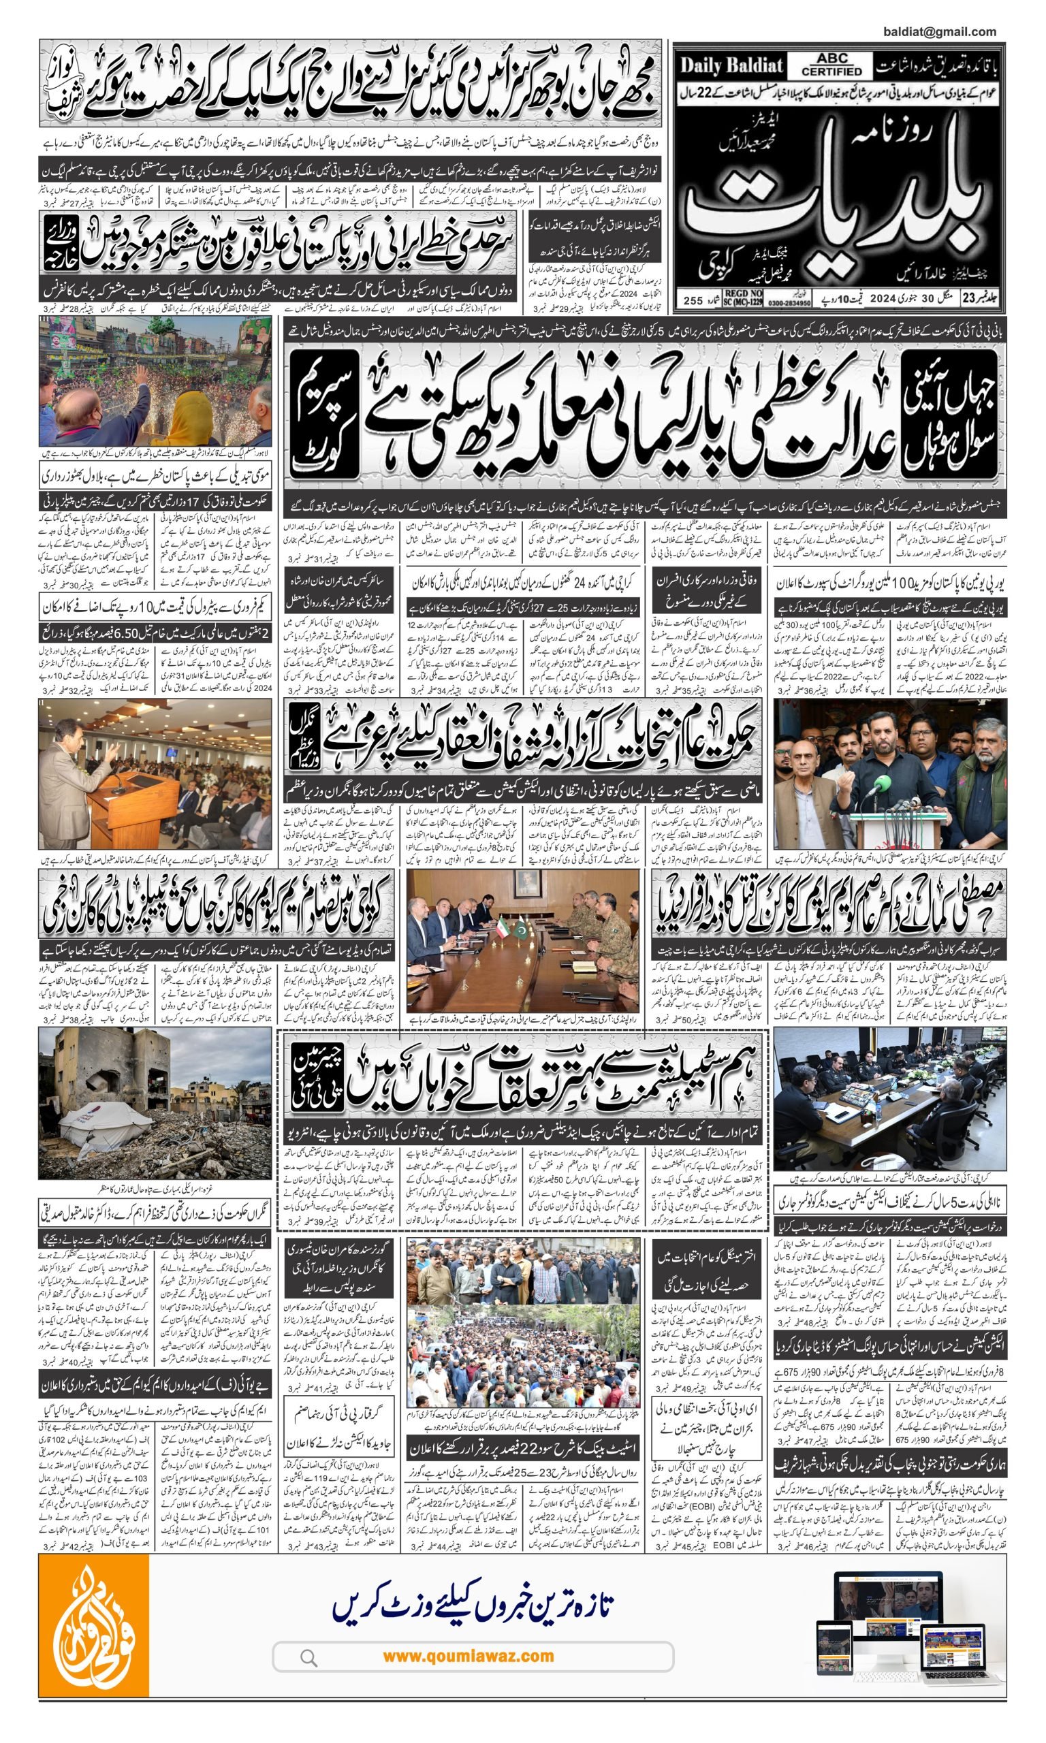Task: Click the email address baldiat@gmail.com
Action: pyautogui.click(x=939, y=32)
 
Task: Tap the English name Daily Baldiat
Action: pyautogui.click(x=731, y=66)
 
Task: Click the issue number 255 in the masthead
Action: pyautogui.click(x=693, y=300)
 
